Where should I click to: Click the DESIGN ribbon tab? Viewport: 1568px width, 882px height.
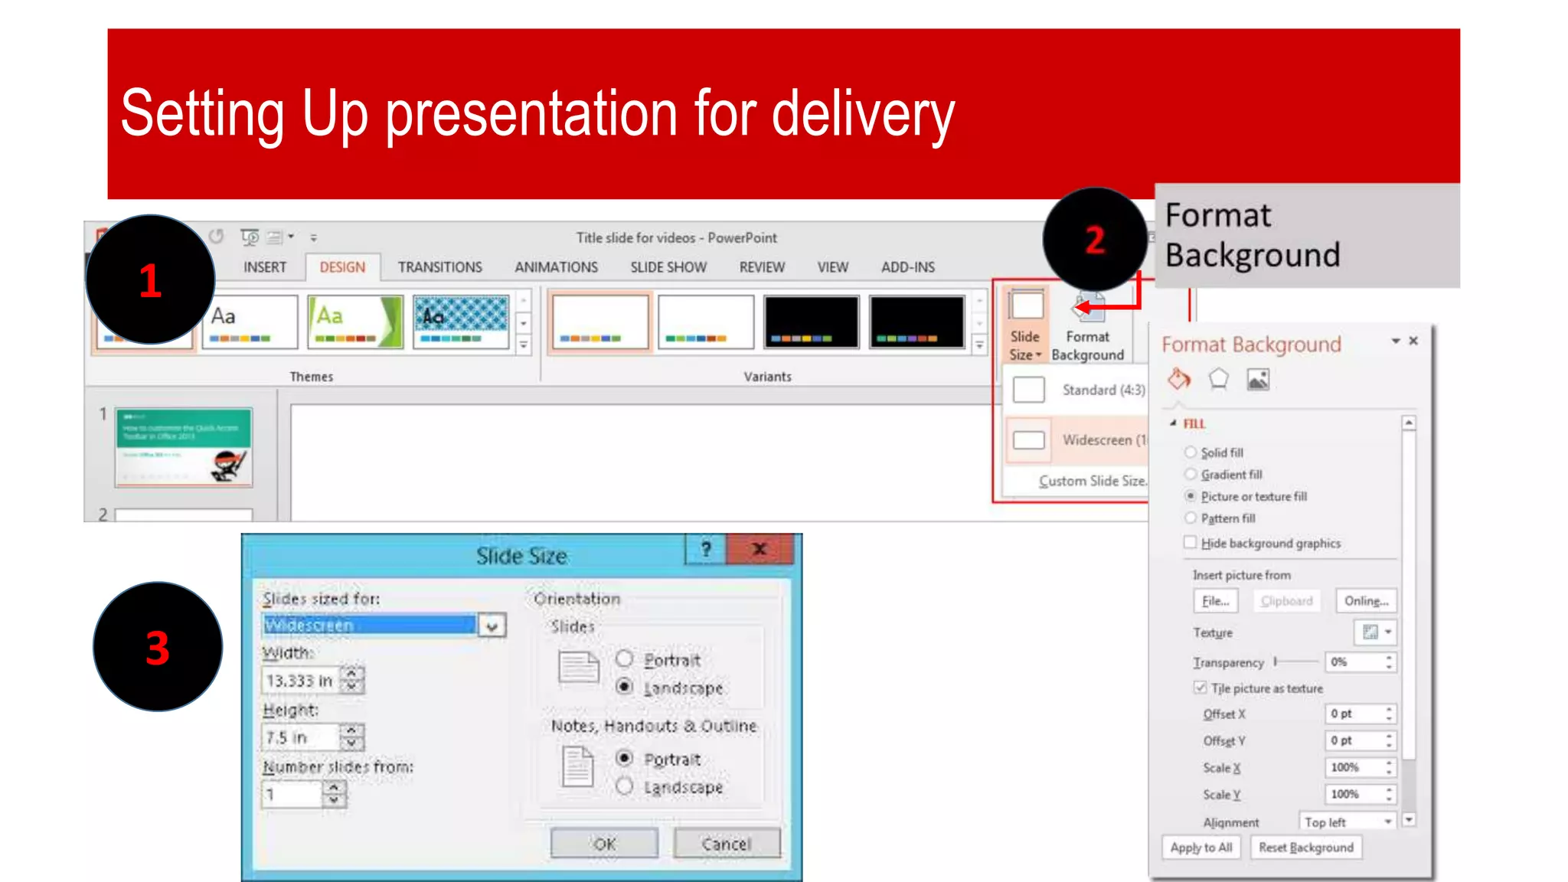click(342, 267)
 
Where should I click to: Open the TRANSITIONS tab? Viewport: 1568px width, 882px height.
click(439, 267)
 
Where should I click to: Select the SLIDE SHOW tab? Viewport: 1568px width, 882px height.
click(668, 267)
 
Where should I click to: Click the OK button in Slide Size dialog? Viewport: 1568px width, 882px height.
click(604, 844)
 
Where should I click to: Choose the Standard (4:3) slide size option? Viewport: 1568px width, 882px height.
click(1080, 390)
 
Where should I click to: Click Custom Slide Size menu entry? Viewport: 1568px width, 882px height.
click(1092, 481)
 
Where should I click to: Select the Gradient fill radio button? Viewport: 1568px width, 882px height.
click(1191, 474)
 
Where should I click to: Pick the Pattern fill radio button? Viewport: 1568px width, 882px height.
click(1191, 518)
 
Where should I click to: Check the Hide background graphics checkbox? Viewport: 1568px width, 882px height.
click(1191, 543)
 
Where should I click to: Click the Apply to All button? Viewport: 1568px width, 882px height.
click(1200, 848)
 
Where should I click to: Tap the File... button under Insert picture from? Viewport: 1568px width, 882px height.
click(1215, 601)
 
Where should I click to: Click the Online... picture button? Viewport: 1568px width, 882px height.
click(1366, 601)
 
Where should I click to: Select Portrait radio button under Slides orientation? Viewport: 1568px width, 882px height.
click(625, 659)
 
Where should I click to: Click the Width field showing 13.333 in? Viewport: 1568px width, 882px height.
click(300, 681)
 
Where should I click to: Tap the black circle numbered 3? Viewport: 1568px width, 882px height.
click(158, 647)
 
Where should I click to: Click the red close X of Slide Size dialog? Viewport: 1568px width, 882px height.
click(759, 549)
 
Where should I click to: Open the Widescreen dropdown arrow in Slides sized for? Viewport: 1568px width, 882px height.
click(492, 626)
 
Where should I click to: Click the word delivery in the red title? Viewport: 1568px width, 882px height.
click(863, 115)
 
